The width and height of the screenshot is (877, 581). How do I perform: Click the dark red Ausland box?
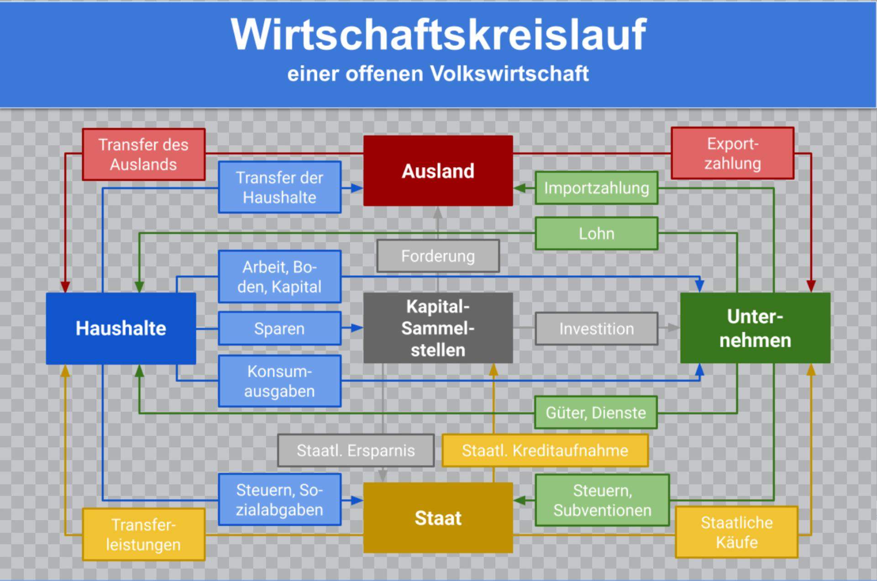(x=438, y=171)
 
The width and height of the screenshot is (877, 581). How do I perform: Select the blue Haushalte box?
(x=121, y=328)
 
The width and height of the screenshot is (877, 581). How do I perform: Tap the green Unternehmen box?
(x=755, y=328)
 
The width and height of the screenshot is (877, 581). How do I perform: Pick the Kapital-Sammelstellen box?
(x=438, y=328)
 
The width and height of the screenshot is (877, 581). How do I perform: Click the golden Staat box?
(x=438, y=518)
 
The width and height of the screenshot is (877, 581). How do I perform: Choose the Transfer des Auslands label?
(x=143, y=154)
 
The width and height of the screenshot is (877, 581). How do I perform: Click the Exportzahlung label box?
(x=732, y=153)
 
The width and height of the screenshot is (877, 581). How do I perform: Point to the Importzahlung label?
(x=596, y=188)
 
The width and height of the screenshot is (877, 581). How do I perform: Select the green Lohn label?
(x=596, y=233)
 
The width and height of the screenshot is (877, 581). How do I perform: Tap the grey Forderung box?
(x=438, y=256)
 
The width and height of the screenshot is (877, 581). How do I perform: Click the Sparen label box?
(x=279, y=328)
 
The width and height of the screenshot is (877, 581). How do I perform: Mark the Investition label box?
(x=596, y=328)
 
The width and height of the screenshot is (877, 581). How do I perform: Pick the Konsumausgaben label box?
(x=279, y=381)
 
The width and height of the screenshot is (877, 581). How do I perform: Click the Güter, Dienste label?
(x=596, y=412)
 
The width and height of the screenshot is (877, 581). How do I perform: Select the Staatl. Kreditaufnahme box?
(x=545, y=450)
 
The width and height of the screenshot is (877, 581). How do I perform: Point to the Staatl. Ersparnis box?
(x=356, y=450)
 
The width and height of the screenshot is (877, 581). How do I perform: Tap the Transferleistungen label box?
(x=143, y=534)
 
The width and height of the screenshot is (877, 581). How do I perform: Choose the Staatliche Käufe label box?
(x=736, y=532)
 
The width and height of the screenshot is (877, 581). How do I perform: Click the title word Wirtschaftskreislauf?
(x=438, y=34)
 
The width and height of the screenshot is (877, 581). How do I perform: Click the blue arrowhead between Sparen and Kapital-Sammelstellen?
(x=357, y=328)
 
